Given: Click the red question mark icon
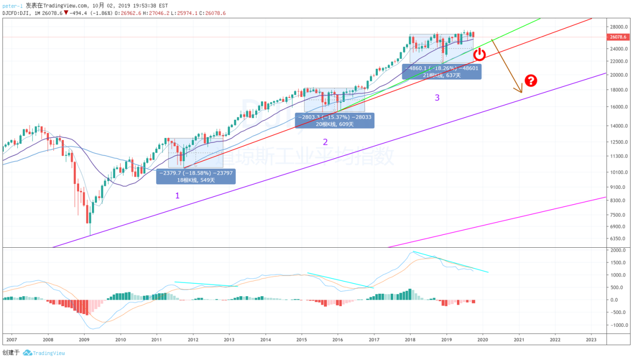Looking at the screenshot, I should pos(531,81).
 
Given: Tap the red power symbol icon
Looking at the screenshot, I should pos(479,54).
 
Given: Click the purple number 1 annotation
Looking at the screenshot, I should pos(178,195).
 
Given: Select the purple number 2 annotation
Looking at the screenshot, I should pos(325,142).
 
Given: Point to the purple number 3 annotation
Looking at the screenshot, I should pos(437,97).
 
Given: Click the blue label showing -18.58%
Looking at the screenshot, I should pos(196,177).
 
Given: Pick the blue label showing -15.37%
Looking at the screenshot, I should pos(334,121).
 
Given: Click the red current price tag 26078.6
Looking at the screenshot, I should pos(618,37).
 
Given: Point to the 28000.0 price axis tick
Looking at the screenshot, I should pos(619,27).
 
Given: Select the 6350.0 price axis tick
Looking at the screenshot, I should pos(618,238).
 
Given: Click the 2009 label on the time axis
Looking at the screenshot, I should pos(84,340).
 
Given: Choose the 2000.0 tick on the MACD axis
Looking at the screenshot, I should pos(618,250).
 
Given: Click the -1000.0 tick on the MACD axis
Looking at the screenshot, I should pos(617,325).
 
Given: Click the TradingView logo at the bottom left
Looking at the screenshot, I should pos(45,353).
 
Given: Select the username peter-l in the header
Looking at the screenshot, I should pos(12,5).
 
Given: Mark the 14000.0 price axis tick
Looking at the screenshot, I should pos(619,126).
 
